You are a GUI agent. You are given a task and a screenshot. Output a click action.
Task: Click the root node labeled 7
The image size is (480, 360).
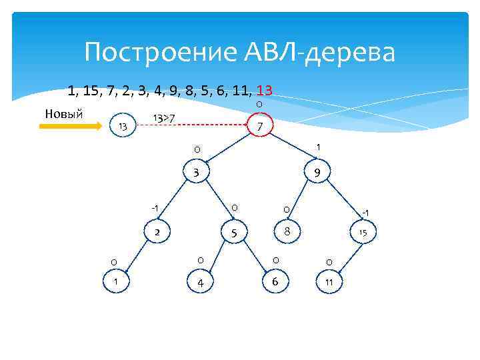(261, 125)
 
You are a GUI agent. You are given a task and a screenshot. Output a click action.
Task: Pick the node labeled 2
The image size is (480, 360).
(157, 232)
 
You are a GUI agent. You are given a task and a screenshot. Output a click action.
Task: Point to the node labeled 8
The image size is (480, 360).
(286, 231)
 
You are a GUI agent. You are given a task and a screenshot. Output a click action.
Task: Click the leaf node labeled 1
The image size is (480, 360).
(115, 282)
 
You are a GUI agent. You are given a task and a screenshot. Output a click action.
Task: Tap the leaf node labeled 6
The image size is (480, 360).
(274, 282)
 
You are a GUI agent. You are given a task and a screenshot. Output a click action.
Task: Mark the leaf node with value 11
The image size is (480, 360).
(329, 283)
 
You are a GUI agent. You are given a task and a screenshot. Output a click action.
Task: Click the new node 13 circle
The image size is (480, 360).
(122, 126)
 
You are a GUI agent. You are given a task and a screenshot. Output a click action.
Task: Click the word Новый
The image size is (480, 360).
(63, 112)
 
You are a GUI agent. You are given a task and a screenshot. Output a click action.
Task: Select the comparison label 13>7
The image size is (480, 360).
(163, 119)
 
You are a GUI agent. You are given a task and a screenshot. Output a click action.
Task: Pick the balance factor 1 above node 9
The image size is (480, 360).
(318, 147)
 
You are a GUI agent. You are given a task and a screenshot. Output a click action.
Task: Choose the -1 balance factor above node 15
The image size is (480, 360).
(365, 213)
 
